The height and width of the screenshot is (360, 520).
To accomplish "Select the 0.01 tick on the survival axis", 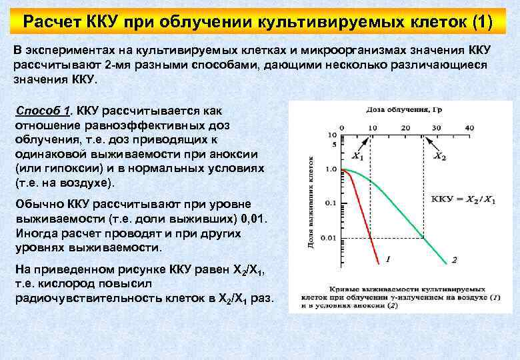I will coord(329,237).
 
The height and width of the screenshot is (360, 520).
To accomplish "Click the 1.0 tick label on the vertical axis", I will coord(330,170).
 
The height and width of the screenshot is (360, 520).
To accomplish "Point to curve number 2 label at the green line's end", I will coord(454,259).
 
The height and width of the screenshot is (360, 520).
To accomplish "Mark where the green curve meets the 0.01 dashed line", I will coord(423,237).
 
